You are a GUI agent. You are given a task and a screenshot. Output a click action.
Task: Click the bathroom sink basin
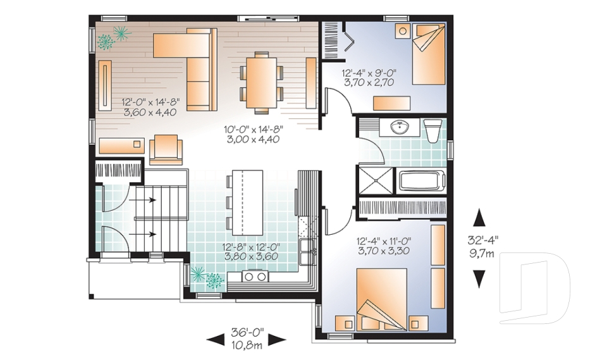(399, 128)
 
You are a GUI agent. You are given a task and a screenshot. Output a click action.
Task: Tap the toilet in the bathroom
(432, 130)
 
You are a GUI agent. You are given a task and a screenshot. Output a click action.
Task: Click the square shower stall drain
(374, 180)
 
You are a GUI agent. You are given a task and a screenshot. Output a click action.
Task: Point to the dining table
(262, 82)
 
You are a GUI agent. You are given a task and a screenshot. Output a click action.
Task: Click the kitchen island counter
(247, 202)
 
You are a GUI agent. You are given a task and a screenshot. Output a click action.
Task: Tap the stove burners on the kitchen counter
(255, 276)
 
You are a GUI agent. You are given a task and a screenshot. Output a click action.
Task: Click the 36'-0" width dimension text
(247, 333)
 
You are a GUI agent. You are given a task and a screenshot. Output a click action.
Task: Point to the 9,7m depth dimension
(482, 254)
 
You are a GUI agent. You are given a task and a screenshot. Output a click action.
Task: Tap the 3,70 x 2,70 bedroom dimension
(369, 82)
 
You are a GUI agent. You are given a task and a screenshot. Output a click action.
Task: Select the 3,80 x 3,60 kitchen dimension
(251, 256)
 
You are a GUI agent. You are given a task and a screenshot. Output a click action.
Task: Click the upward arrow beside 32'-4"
(479, 218)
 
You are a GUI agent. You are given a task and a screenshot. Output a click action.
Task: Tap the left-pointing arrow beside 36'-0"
(215, 340)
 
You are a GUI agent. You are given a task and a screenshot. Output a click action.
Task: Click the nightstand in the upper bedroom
(403, 30)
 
